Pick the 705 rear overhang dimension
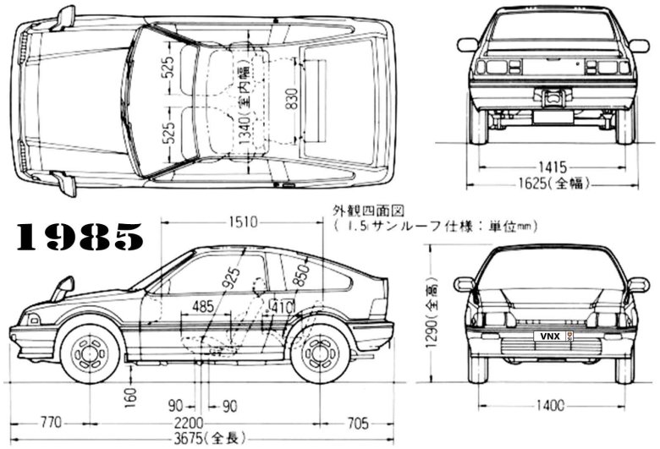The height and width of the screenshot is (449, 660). (x=360, y=421)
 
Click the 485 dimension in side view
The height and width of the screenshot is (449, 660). (x=203, y=305)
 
